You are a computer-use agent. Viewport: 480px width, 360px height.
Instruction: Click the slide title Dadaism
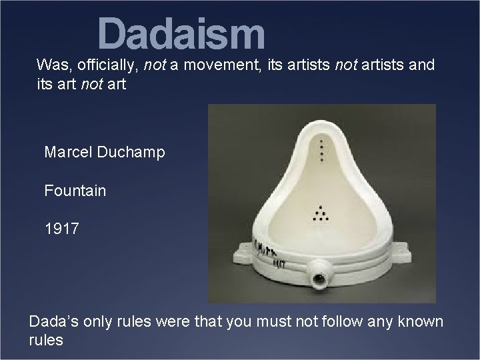(x=181, y=34)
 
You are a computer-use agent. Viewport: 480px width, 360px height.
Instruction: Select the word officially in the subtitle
(x=105, y=65)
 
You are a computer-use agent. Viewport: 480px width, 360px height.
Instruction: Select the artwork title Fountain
(x=75, y=191)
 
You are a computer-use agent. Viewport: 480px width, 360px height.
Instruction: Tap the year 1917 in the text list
(x=61, y=229)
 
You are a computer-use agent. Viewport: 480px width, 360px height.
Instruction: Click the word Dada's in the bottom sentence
(x=53, y=322)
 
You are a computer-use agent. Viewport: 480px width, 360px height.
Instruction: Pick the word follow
(x=347, y=322)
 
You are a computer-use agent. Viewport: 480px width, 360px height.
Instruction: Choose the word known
(x=420, y=322)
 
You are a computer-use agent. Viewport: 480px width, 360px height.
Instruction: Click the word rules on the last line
(x=46, y=341)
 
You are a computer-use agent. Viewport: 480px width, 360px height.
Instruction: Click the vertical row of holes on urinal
(x=323, y=150)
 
